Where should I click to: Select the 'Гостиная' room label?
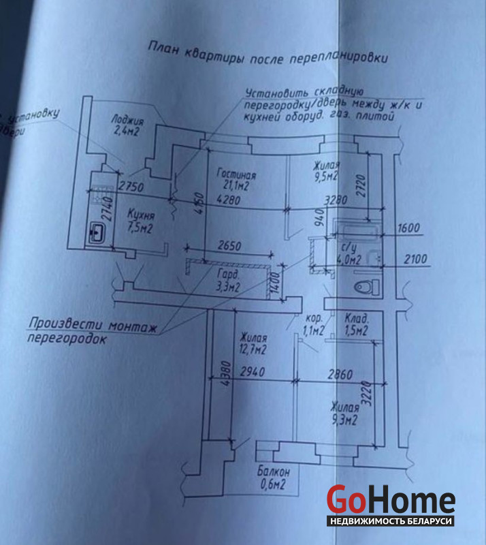coord(231,172)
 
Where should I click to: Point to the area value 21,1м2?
coord(232,185)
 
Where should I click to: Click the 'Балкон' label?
coord(274,472)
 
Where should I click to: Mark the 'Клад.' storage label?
coord(357,319)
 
